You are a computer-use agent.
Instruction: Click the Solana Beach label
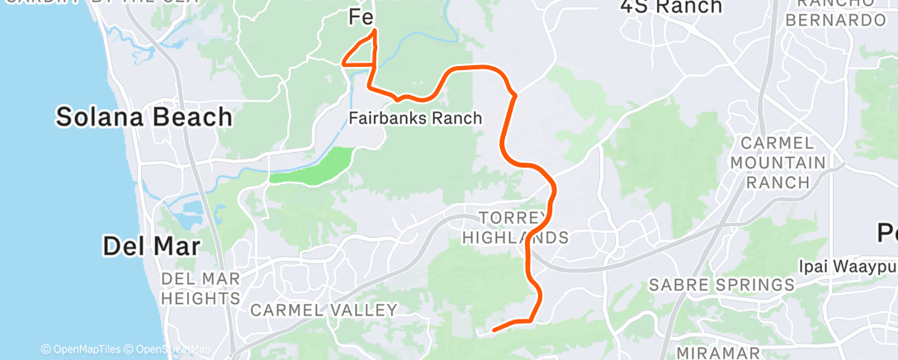pyautogui.click(x=144, y=117)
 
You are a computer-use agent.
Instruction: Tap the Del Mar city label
pyautogui.click(x=151, y=245)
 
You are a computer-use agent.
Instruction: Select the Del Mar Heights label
pyautogui.click(x=201, y=288)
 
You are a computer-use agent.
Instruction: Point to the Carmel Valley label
pyautogui.click(x=324, y=310)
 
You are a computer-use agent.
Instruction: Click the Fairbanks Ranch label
pyautogui.click(x=415, y=118)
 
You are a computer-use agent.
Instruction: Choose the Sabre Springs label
pyautogui.click(x=721, y=285)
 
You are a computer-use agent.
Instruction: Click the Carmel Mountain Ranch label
pyautogui.click(x=778, y=163)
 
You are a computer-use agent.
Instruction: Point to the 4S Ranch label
pyautogui.click(x=671, y=7)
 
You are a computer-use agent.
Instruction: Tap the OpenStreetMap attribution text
pyautogui.click(x=167, y=350)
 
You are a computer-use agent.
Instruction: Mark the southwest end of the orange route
pyautogui.click(x=494, y=330)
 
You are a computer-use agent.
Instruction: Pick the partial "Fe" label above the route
pyautogui.click(x=362, y=17)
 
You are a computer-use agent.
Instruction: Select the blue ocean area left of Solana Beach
pyautogui.click(x=41, y=165)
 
